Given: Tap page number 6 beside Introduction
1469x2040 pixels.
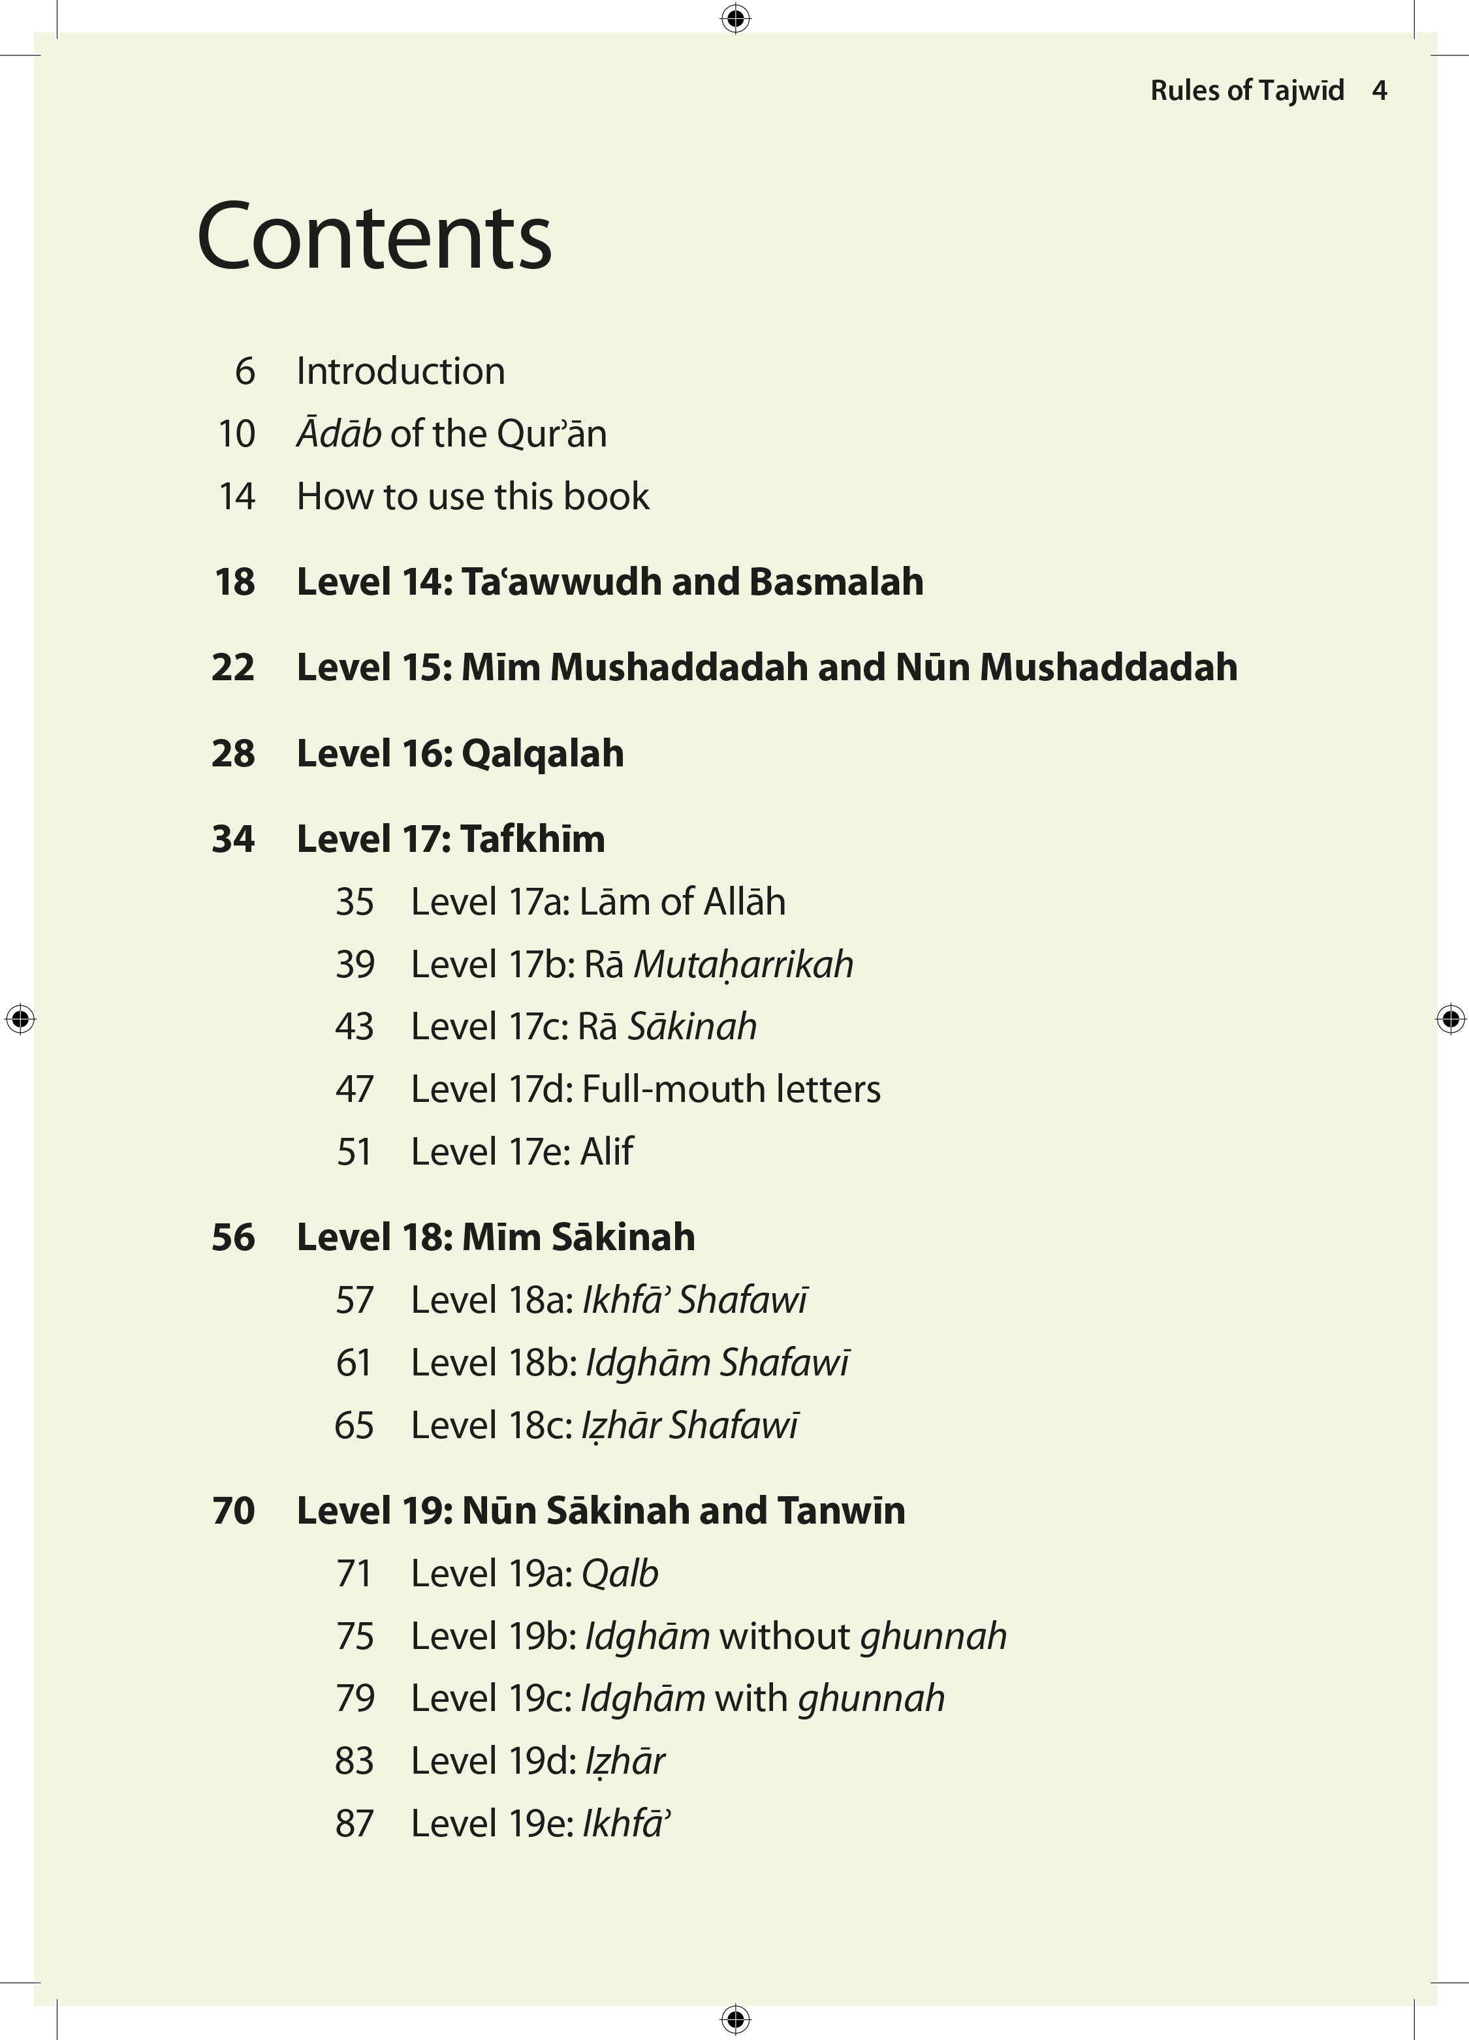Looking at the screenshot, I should tap(245, 371).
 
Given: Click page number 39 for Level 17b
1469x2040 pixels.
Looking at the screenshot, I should tap(355, 964).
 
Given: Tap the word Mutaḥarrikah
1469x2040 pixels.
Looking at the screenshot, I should tap(743, 965).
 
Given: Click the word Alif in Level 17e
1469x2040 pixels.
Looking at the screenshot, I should tap(607, 1152).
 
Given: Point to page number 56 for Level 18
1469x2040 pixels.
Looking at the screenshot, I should tap(233, 1238).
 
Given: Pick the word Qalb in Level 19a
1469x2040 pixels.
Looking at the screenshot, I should tap(620, 1574).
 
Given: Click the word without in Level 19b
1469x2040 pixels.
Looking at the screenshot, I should tap(784, 1636).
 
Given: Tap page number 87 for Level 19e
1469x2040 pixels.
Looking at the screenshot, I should tap(355, 1823).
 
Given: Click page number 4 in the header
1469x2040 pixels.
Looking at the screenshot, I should tap(1379, 90).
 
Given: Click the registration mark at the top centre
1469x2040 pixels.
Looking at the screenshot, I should tap(735, 18).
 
